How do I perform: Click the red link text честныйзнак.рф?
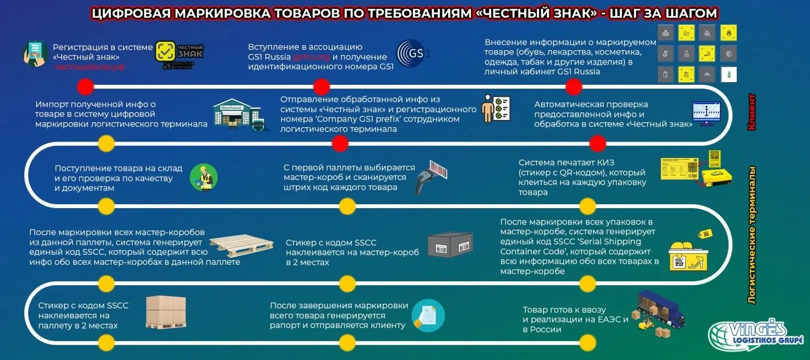pos(90,67)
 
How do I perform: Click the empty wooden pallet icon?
pos(241,245)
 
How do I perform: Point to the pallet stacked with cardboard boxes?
pos(166,312)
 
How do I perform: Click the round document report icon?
pos(428,315)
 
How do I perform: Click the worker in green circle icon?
pos(204,178)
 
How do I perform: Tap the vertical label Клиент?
pos(751,112)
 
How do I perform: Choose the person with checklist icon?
pos(496,108)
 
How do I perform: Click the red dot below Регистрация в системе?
pos(85,87)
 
